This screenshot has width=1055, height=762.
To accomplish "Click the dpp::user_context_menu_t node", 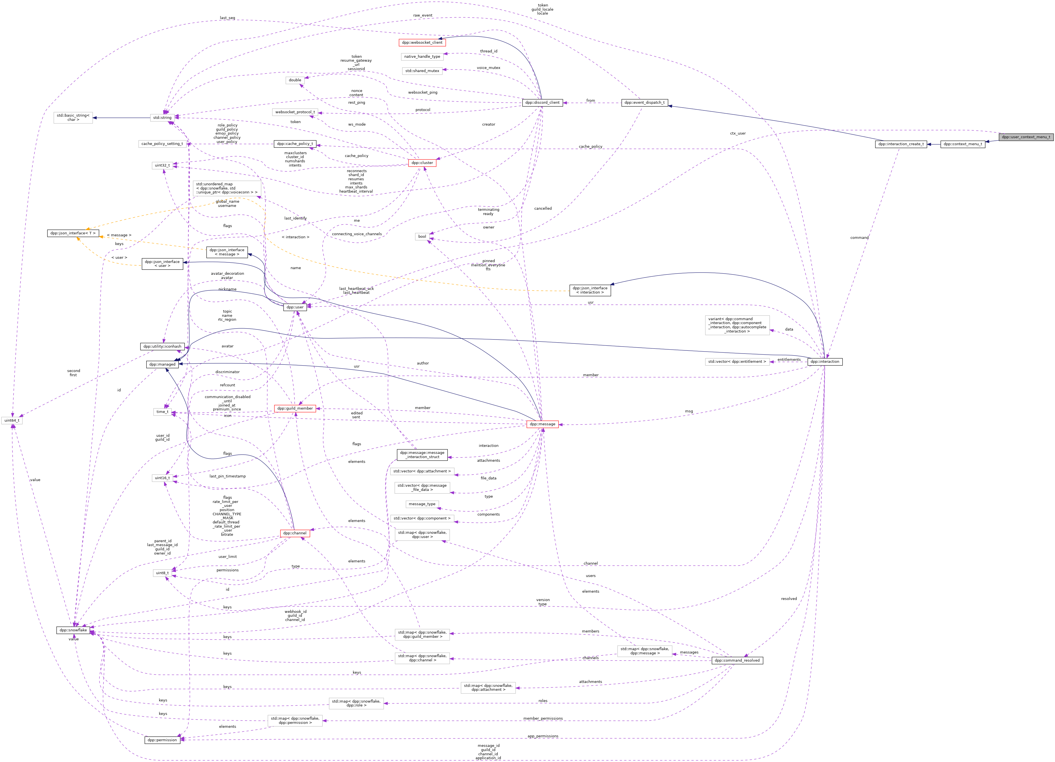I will click(1025, 137).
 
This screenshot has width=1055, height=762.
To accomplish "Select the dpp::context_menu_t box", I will click(963, 144).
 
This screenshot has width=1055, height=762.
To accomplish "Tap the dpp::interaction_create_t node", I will click(901, 144).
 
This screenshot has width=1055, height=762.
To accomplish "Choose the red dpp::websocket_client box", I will click(422, 42).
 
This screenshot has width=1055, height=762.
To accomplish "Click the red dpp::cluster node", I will click(422, 163).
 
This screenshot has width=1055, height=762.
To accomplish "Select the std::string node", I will click(162, 118).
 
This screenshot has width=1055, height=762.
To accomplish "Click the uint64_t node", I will click(12, 420).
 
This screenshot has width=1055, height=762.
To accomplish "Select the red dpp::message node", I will click(542, 424).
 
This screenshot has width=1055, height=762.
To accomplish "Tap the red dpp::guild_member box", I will click(295, 408).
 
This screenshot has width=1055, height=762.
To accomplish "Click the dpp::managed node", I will click(162, 364).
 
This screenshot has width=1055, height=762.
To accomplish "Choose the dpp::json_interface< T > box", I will click(73, 233).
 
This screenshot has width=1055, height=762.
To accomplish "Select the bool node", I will click(422, 236).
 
